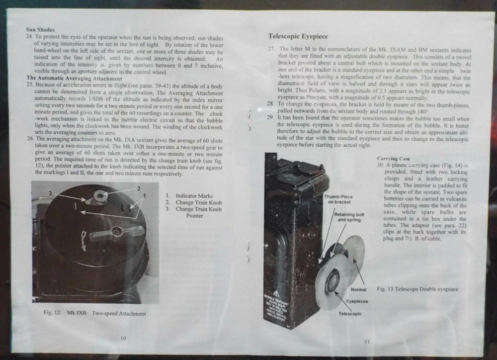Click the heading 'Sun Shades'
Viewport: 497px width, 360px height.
pyautogui.click(x=40, y=30)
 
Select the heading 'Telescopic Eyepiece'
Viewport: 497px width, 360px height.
pyautogui.click(x=298, y=36)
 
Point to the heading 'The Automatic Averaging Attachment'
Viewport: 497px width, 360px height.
pyautogui.click(x=74, y=79)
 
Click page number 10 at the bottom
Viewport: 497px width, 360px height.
pyautogui.click(x=123, y=338)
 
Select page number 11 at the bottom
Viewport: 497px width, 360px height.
pyautogui.click(x=367, y=341)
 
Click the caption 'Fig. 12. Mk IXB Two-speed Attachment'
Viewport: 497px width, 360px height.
pyautogui.click(x=94, y=314)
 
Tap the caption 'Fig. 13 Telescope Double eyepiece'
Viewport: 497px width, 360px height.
pyautogui.click(x=417, y=289)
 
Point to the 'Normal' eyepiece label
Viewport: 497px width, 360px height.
pyautogui.click(x=358, y=289)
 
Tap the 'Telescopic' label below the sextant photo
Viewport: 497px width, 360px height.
pyautogui.click(x=350, y=314)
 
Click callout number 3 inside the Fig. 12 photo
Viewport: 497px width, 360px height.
pyautogui.click(x=50, y=192)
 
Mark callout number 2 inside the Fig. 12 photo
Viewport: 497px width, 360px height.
pyautogui.click(x=139, y=189)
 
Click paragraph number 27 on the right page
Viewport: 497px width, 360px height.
pyautogui.click(x=271, y=49)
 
